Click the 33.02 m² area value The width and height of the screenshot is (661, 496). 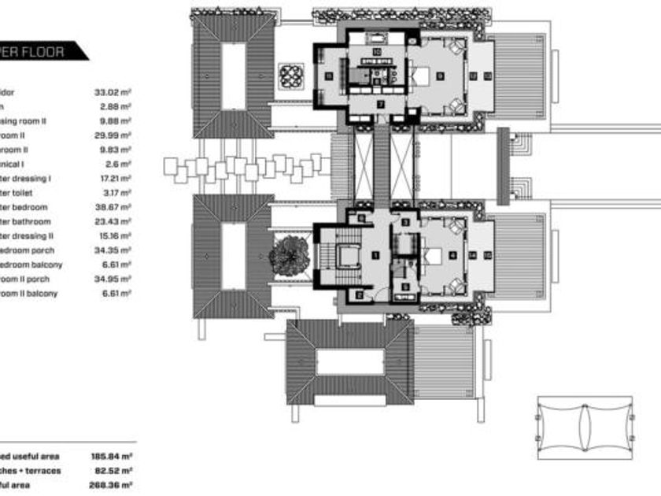pos(113,92)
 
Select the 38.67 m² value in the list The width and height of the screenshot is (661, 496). pos(113,207)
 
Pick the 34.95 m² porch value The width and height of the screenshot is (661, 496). pos(113,279)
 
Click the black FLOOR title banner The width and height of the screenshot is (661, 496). pos(43,53)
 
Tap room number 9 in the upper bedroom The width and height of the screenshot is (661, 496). pos(440,76)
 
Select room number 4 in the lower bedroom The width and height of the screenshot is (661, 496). pos(452,255)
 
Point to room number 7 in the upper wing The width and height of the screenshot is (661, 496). pos(380,103)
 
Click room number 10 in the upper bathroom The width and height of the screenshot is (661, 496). pos(377,51)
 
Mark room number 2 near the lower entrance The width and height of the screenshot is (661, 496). pos(360,295)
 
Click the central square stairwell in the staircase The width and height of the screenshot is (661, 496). pos(344,256)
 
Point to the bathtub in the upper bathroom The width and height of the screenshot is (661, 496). pos(376,39)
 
